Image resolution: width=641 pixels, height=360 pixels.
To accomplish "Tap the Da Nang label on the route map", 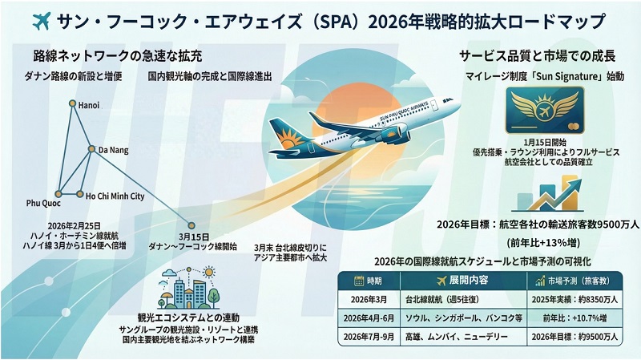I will point(112,149).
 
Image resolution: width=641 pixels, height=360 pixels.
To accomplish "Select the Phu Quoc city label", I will point(45,203).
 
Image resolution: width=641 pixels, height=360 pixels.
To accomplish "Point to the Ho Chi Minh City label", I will point(115,196).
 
